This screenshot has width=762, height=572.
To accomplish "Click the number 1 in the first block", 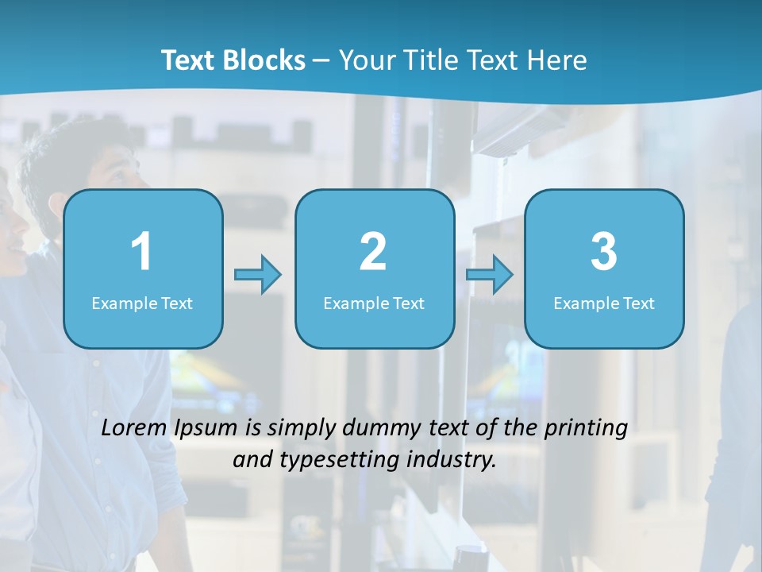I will point(141,252).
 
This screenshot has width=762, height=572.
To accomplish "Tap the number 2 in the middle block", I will point(373,252).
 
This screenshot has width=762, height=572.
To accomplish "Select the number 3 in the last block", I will point(604,252).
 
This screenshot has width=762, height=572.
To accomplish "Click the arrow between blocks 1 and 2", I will point(259,275).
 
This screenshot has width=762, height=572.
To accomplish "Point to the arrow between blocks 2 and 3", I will point(490,275).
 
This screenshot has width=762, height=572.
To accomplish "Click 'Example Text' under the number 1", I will point(142,303).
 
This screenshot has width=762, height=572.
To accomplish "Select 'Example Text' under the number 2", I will point(374,303).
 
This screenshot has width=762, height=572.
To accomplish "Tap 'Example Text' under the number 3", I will point(604,303).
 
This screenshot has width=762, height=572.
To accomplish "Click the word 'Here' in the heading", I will point(558,60).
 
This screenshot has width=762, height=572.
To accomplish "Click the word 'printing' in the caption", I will point(587,429).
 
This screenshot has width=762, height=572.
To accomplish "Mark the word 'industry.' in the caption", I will point(455,459).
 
